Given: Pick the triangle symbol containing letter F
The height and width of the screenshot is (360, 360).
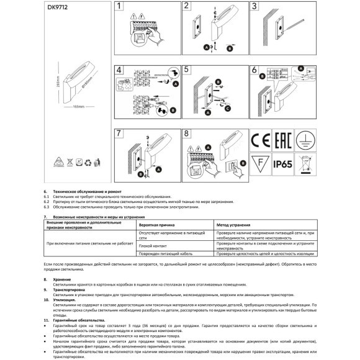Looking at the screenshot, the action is [x=259, y=165].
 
